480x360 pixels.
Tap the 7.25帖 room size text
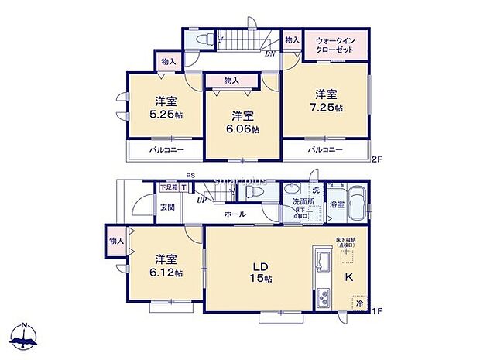(x=325, y=108)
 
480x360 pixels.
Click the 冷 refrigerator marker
(x=359, y=304)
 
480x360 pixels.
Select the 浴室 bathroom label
(x=337, y=206)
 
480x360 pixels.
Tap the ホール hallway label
(x=235, y=214)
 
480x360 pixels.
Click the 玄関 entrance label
(x=167, y=207)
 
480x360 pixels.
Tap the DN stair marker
(x=269, y=53)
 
